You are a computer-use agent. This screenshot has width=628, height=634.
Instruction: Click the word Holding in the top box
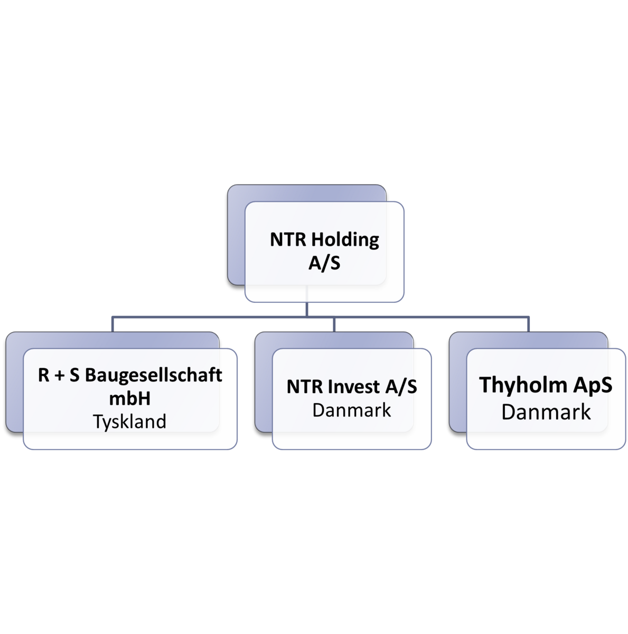[x=345, y=240]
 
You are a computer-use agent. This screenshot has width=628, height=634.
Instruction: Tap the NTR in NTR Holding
[x=288, y=239]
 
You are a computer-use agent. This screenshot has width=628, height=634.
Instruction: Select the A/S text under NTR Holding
[x=324, y=263]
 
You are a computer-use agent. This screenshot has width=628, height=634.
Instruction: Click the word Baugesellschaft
[x=154, y=375]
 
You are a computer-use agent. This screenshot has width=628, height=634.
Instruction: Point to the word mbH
[x=130, y=398]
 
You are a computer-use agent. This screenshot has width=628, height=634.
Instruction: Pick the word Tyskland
[x=129, y=422]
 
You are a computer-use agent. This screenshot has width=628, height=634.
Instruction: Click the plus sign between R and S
[x=60, y=376]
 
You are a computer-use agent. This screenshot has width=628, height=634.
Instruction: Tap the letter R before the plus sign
[x=44, y=375]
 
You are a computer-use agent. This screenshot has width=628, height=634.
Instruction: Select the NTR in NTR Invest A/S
[x=305, y=387]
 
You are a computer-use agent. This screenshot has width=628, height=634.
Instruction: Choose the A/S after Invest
[x=401, y=386]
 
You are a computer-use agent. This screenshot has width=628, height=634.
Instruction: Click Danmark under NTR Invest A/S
[x=352, y=410]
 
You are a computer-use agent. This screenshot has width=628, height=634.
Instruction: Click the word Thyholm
[x=522, y=385]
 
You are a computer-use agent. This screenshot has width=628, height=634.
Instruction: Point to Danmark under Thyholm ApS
[x=546, y=412]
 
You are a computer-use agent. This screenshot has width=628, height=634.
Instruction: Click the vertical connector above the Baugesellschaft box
[x=112, y=324]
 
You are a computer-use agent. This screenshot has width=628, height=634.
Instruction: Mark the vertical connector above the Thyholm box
[x=528, y=324]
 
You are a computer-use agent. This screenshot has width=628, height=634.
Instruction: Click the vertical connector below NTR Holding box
[x=306, y=301]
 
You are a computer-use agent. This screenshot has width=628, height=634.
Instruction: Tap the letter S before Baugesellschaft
[x=74, y=375]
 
